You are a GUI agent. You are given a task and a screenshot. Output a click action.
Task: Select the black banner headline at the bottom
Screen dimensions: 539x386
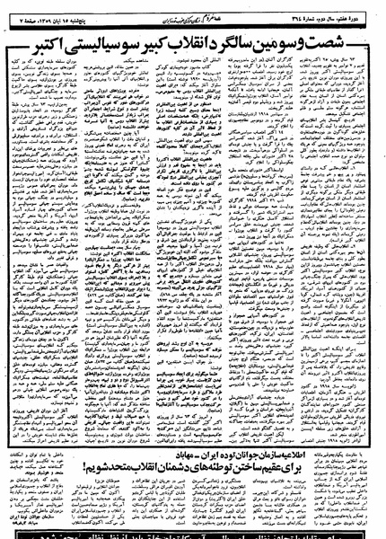point(193,531)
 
